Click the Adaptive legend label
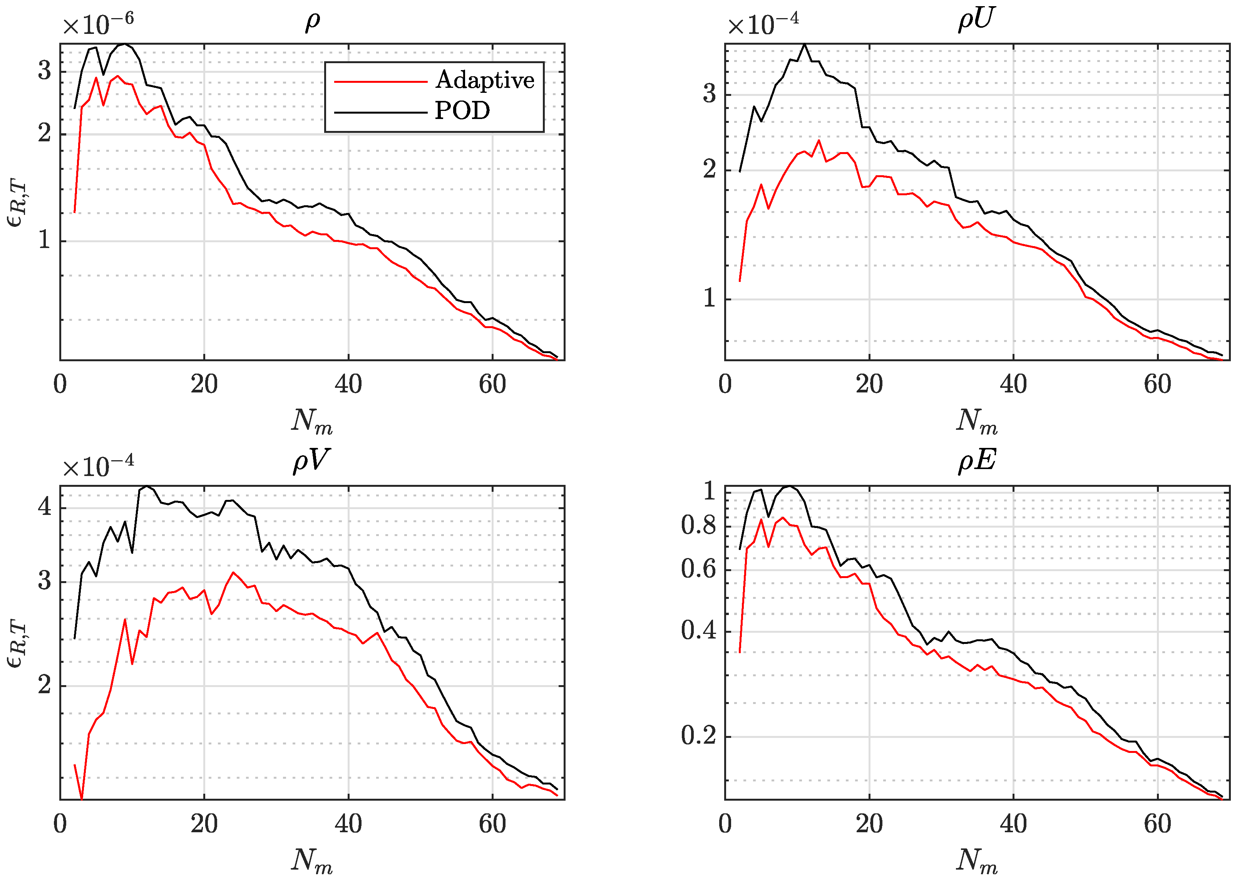click(484, 80)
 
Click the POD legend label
click(462, 111)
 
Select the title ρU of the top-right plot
click(976, 20)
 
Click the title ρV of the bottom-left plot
click(311, 461)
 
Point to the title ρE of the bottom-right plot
click(976, 461)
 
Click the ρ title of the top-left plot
click(313, 22)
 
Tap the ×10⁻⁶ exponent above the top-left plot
click(97, 24)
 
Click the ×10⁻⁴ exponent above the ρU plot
click(763, 24)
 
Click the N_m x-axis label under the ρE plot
click(976, 860)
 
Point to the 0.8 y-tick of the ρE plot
click(699, 525)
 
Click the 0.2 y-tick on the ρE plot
click(699, 736)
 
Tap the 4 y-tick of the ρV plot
click(45, 507)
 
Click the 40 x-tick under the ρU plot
click(1013, 384)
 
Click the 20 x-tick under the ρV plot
click(204, 824)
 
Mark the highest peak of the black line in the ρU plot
click(804, 45)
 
